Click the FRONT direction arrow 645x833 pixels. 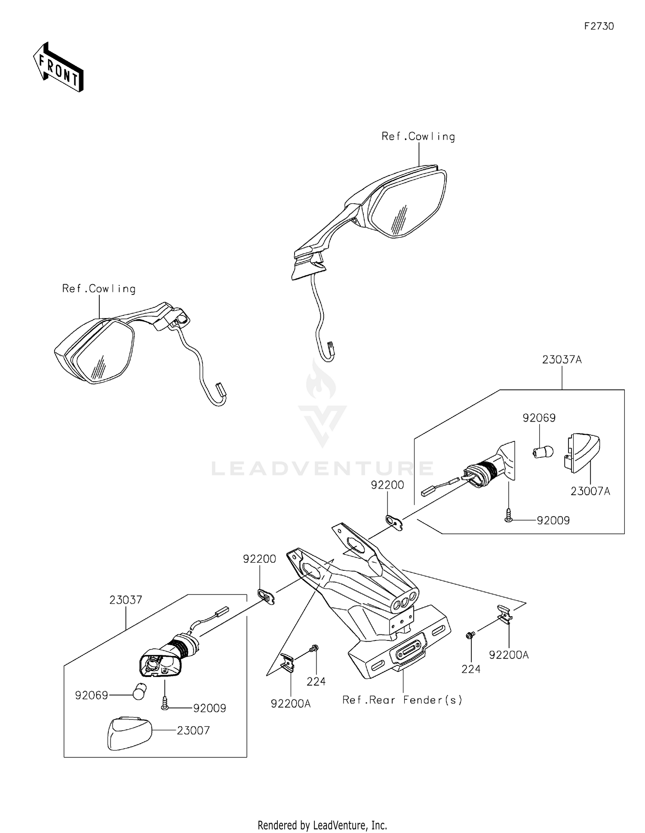coord(58,67)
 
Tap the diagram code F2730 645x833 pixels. coord(599,26)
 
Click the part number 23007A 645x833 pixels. coord(590,491)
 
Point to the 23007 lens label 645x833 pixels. coord(193,730)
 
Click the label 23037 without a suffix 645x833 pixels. coord(126,600)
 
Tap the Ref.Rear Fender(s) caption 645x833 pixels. coord(402,700)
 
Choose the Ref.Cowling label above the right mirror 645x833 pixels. coord(418,137)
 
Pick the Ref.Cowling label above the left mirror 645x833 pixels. coord(99,289)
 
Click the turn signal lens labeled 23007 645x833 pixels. coord(129,733)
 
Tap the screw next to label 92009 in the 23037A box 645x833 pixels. coord(509,516)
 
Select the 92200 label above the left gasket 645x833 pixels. coord(259,559)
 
